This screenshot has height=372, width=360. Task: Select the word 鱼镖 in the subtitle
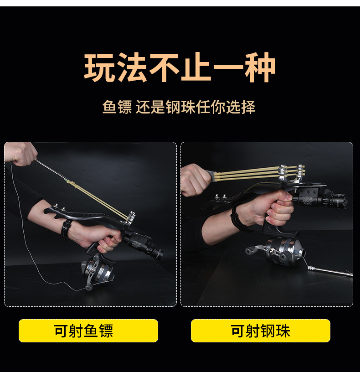click(117, 107)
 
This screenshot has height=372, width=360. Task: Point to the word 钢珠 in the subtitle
click(181, 107)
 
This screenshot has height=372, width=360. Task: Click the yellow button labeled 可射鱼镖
click(88, 331)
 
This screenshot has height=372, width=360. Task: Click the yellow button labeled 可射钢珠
click(260, 331)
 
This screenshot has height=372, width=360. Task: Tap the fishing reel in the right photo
click(278, 252)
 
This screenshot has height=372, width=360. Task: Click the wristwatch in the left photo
click(66, 228)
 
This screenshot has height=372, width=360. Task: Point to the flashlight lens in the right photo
click(344, 201)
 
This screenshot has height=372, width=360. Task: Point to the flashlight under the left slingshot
click(143, 246)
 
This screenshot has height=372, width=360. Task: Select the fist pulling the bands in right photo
click(195, 180)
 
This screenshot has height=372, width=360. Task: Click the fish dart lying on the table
click(329, 271)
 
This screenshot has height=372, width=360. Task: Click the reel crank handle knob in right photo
click(250, 250)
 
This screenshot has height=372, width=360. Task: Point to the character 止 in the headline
click(196, 67)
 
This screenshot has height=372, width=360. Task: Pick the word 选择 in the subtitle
click(241, 107)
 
